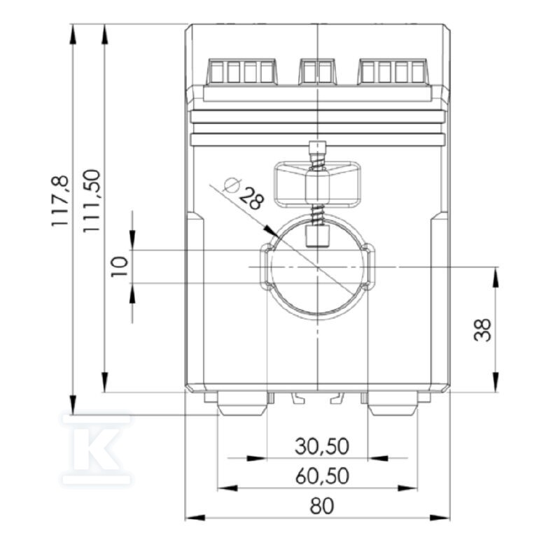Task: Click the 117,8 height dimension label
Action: [59, 200]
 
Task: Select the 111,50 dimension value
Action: [92, 201]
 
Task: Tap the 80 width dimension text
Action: [322, 506]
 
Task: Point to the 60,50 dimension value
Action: [322, 476]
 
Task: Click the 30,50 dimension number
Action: [322, 446]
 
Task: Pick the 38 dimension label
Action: [482, 329]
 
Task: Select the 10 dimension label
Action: [119, 266]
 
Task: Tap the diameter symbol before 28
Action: [232, 185]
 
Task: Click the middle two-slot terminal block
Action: [318, 72]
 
